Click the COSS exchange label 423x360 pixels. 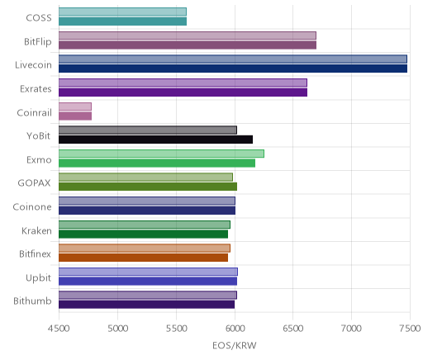tap(39, 18)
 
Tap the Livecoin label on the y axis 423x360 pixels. tap(33, 65)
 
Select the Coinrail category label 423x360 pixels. tap(34, 112)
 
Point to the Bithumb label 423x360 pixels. tap(32, 301)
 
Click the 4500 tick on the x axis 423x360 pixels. tap(59, 329)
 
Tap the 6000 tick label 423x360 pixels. tap(235, 329)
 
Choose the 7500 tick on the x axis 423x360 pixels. tap(410, 329)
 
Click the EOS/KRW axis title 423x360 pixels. tap(235, 345)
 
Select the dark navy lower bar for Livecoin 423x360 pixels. tap(233, 69)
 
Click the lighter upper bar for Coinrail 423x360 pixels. tap(75, 107)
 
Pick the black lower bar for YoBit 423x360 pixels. tap(156, 140)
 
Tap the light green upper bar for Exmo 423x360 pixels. tap(161, 154)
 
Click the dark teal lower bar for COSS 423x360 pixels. tap(122, 21)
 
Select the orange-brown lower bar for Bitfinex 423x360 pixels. tap(143, 258)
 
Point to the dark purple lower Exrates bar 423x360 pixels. tap(183, 92)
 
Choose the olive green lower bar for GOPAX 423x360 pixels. tap(148, 187)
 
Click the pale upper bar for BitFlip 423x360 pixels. tap(188, 36)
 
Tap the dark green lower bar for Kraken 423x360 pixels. tap(143, 234)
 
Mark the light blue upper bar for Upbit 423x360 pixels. tap(148, 272)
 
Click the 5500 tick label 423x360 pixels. tap(176, 329)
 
